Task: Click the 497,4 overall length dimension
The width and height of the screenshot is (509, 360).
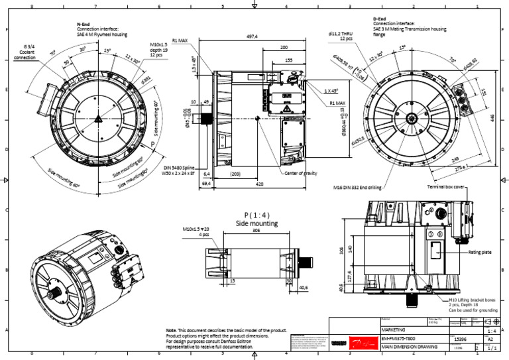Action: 252,37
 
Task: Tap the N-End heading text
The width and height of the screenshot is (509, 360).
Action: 84,24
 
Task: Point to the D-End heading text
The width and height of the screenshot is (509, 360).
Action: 380,19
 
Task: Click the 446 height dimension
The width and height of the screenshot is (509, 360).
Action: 500,117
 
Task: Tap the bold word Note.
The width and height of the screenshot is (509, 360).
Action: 171,330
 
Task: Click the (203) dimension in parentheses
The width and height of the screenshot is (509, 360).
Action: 236,174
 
